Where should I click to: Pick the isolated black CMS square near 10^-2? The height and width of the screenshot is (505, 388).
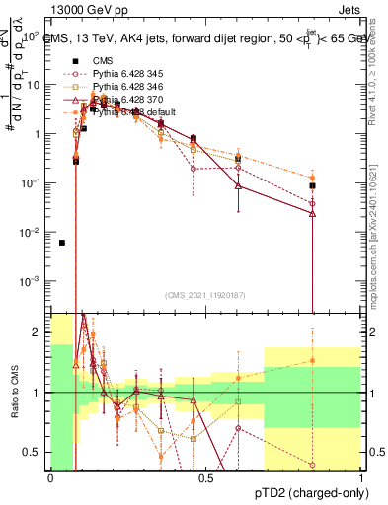coord(62,243)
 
